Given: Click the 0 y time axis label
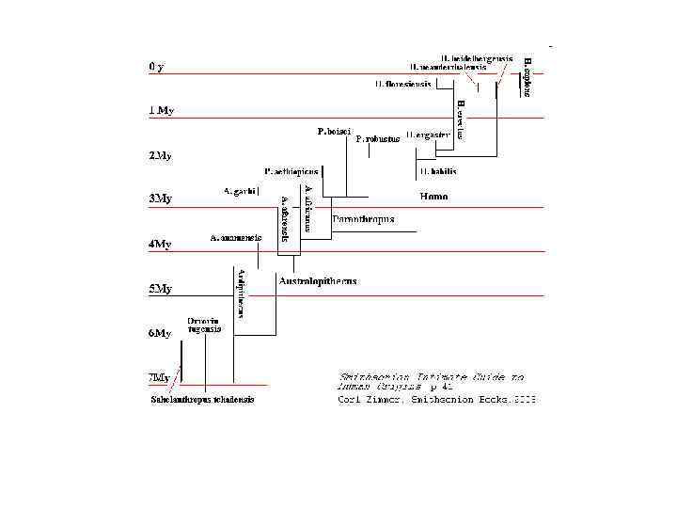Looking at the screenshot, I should coord(156,67).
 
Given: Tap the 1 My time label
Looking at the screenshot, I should coord(162,110).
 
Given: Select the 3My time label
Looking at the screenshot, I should coord(161,198).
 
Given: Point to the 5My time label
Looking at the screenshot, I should coord(161,289).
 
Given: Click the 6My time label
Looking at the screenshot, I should coord(161,333).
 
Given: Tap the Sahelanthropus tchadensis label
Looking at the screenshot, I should coord(202,399).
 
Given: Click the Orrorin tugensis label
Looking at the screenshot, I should coord(204,325).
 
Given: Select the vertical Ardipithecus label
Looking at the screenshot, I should coord(242,293).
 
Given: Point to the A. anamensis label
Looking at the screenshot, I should coord(235,238).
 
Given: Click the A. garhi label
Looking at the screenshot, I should coord(240,190).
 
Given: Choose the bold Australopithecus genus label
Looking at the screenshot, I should coord(318,280).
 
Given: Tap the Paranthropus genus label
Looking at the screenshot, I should coord(363,219).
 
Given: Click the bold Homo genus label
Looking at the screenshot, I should coord(433,197).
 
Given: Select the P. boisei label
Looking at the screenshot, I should coord(334,131).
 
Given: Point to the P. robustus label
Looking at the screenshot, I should coord(378,138).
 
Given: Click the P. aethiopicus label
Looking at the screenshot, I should coord(291,171).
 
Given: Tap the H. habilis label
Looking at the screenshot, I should coord(438,171).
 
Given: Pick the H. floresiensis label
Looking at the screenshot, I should coord(402,84).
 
